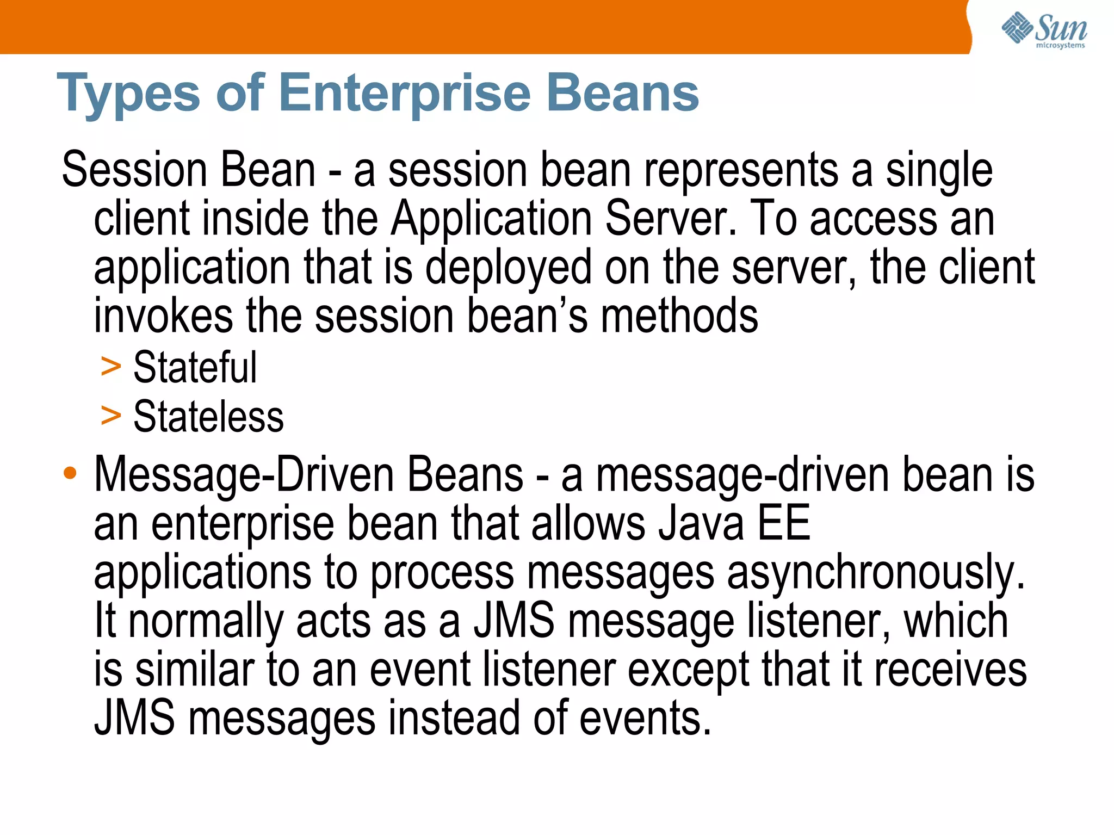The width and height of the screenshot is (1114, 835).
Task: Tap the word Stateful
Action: pos(195,368)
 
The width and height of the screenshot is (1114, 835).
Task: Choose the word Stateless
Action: pos(208,417)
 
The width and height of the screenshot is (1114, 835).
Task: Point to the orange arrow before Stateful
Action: pos(111,367)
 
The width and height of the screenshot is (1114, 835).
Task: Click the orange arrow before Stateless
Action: pos(111,416)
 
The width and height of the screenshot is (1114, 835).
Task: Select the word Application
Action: pos(491,219)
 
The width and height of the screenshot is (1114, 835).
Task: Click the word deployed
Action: pos(508,268)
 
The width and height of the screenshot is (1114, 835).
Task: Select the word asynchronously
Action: pos(876,573)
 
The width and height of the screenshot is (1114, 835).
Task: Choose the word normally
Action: pos(206,621)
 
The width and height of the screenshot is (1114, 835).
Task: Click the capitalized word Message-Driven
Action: pos(244,474)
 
